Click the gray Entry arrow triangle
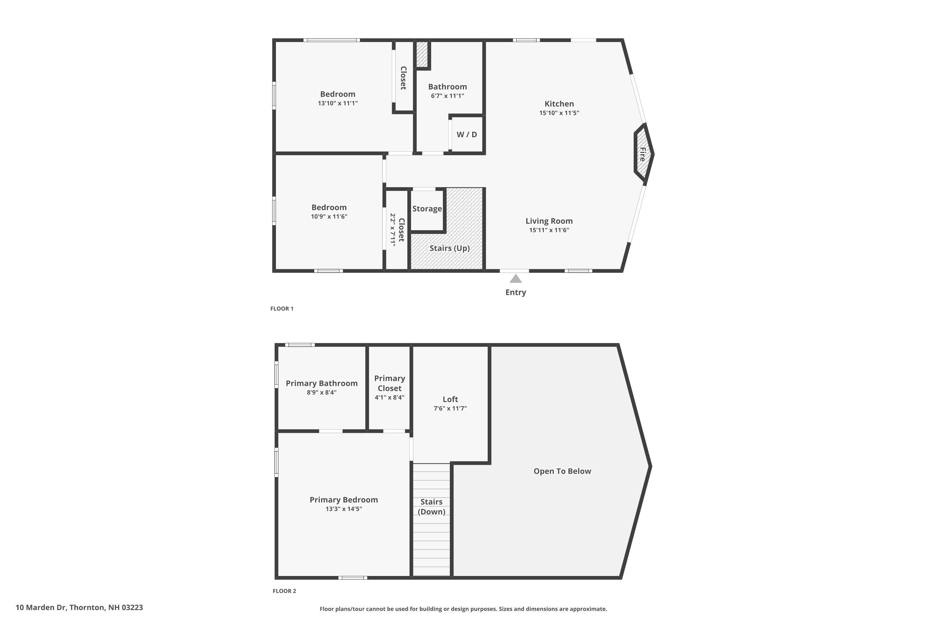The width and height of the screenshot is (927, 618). click(515, 279)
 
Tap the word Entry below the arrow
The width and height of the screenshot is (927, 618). click(515, 292)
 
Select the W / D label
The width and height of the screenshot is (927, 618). click(467, 134)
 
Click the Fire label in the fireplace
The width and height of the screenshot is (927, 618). click(642, 154)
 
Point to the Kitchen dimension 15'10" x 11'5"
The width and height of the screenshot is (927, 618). click(559, 113)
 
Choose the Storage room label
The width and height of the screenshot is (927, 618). click(427, 209)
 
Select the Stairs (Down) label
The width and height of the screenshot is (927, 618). click(431, 507)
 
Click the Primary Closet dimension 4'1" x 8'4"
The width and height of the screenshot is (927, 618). click(389, 398)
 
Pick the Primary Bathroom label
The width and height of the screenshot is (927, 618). click(322, 383)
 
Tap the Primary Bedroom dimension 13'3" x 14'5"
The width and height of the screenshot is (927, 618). click(344, 509)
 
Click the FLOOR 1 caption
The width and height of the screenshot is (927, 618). click(282, 309)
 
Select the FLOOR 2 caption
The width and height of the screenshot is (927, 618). click(284, 591)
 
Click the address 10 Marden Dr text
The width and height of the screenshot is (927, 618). click(79, 607)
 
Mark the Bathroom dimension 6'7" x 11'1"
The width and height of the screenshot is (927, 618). click(447, 96)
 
